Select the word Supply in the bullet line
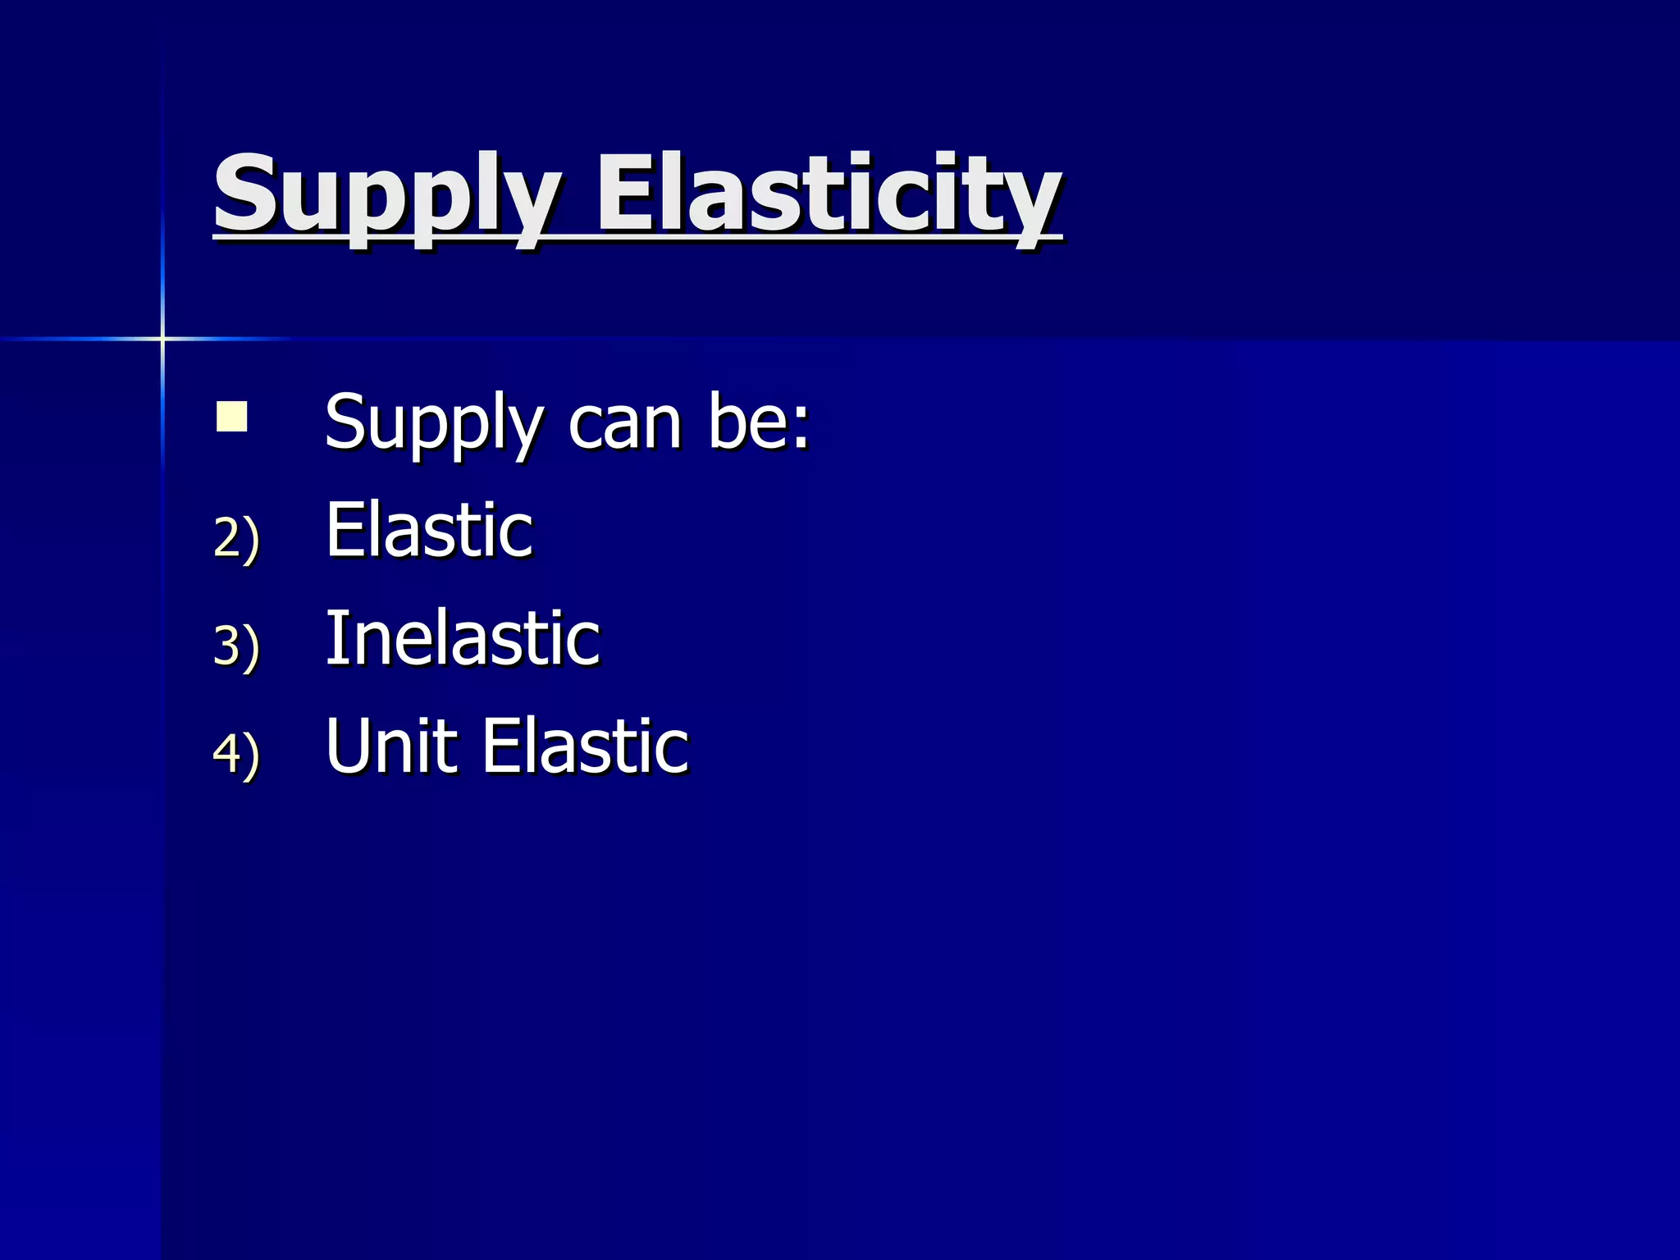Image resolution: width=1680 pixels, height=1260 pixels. click(x=433, y=424)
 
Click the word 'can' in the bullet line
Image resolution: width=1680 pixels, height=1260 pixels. click(x=625, y=424)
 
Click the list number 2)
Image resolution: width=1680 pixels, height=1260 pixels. click(x=236, y=537)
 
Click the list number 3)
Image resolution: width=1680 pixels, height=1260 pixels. click(x=236, y=646)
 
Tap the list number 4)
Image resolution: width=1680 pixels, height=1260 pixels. click(x=236, y=753)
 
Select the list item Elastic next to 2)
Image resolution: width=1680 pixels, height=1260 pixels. click(x=429, y=531)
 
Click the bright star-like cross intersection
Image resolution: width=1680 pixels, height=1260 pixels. click(x=162, y=338)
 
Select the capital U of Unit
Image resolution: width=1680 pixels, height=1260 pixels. click(x=347, y=746)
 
